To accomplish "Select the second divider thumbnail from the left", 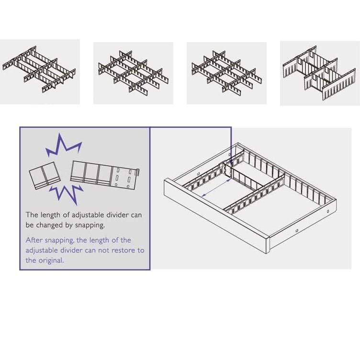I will [x=133, y=72].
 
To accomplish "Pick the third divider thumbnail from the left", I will [x=226, y=72].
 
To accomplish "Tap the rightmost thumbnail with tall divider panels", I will [x=319, y=72].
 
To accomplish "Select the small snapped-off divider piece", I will [x=43, y=176].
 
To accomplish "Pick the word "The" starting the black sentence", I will [x=32, y=215].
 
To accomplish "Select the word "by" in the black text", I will [x=70, y=225].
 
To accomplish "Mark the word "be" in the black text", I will [x=30, y=225].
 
